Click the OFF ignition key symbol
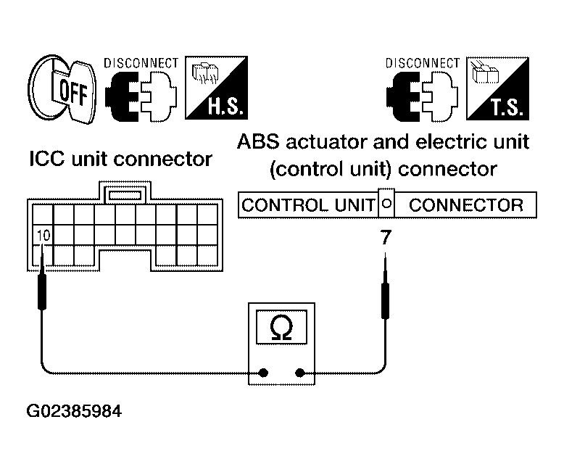tap(62, 89)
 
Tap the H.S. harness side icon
tap(217, 88)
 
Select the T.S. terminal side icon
tap(498, 88)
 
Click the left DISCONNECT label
tap(141, 63)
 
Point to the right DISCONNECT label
tap(423, 63)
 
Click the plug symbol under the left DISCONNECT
tap(141, 96)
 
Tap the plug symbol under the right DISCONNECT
tap(423, 96)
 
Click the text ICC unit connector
tap(121, 159)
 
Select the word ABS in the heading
tap(258, 141)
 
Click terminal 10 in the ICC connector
tap(43, 236)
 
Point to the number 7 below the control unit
tap(386, 237)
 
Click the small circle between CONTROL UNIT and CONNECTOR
tap(386, 204)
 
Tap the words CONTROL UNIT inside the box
tap(308, 205)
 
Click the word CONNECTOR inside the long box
tap(466, 205)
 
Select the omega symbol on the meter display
tap(281, 328)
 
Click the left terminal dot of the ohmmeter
tap(264, 373)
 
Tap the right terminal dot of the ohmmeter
tap(299, 373)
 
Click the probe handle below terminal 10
tap(42, 291)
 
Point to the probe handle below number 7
tap(385, 300)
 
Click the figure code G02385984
tap(75, 411)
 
